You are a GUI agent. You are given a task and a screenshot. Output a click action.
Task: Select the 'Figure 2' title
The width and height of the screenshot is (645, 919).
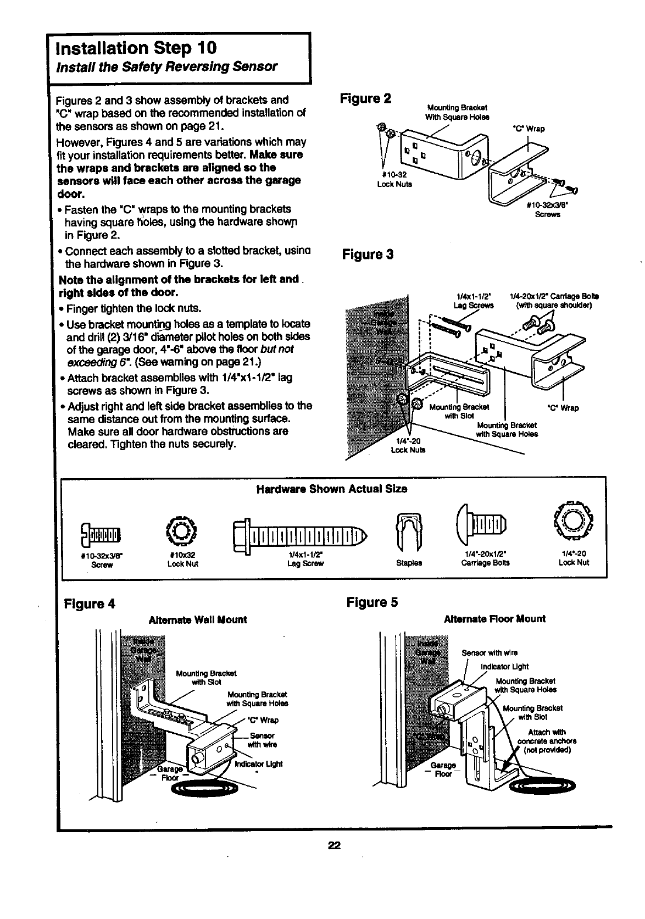click(x=365, y=99)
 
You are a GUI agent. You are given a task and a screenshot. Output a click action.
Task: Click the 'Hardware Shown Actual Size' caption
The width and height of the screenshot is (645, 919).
click(x=332, y=489)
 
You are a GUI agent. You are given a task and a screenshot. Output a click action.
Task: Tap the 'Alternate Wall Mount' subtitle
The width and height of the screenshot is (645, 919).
click(x=198, y=619)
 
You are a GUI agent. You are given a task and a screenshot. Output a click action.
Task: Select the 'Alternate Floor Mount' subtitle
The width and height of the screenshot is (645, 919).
click(x=494, y=618)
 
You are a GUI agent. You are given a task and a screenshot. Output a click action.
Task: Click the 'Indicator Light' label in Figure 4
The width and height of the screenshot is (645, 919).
click(x=258, y=764)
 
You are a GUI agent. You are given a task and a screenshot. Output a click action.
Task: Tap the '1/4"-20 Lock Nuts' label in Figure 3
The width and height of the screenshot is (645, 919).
click(x=408, y=445)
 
